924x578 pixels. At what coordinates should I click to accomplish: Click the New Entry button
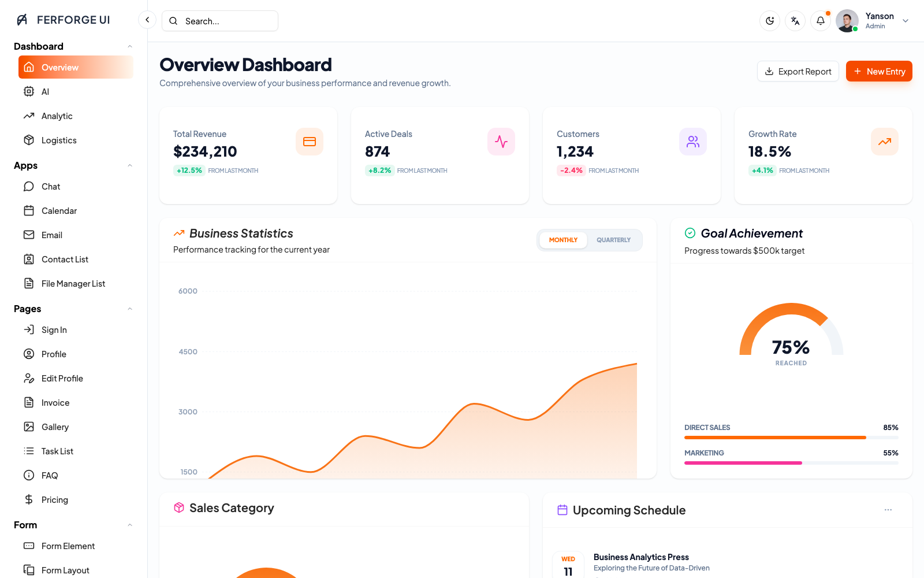pyautogui.click(x=878, y=72)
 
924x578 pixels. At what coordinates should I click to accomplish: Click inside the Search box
pyautogui.click(x=220, y=21)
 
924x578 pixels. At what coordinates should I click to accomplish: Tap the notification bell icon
pyautogui.click(x=821, y=21)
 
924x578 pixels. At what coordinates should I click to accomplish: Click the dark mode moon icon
pyautogui.click(x=770, y=21)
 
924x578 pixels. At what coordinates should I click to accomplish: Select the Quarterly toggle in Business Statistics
pyautogui.click(x=613, y=240)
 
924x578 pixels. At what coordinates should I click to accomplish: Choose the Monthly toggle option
pyautogui.click(x=563, y=240)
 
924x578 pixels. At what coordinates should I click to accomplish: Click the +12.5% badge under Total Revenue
pyautogui.click(x=189, y=171)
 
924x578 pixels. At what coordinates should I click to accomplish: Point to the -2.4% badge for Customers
pyautogui.click(x=571, y=171)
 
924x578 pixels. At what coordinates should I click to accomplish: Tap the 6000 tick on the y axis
pyautogui.click(x=188, y=291)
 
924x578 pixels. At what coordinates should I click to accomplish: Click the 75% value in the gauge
pyautogui.click(x=791, y=347)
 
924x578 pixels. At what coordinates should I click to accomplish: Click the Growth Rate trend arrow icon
pyautogui.click(x=884, y=142)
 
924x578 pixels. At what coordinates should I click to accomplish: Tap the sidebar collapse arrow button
pyautogui.click(x=147, y=20)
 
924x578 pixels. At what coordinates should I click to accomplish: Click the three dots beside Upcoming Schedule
pyautogui.click(x=888, y=510)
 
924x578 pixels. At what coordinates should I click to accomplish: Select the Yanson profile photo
pyautogui.click(x=847, y=21)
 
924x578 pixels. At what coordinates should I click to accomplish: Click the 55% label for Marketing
pyautogui.click(x=891, y=453)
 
